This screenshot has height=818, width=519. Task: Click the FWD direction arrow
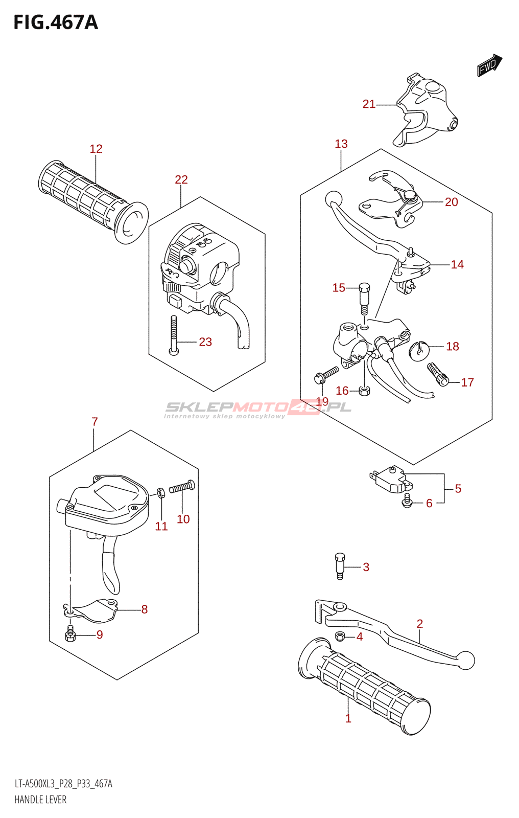tap(489, 65)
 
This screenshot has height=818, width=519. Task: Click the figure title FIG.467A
tap(55, 22)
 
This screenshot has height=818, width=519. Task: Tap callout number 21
tap(369, 104)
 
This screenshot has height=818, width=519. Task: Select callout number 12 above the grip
tap(96, 149)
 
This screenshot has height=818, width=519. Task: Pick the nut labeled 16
tap(364, 391)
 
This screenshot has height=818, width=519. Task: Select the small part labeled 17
tap(438, 374)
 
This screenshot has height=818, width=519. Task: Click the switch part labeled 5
tap(391, 479)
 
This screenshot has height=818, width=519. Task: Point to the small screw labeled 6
tap(407, 501)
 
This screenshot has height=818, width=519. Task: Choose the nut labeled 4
tap(339, 636)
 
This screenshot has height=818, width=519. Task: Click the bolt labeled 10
tap(182, 487)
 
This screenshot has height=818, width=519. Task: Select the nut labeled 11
tap(160, 493)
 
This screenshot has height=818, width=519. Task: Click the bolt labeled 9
tap(70, 633)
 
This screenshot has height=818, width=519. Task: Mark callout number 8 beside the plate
tap(145, 609)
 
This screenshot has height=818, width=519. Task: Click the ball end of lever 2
tap(466, 660)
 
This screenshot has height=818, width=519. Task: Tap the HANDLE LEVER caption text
tap(40, 800)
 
